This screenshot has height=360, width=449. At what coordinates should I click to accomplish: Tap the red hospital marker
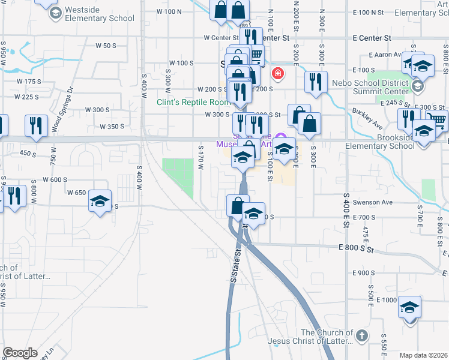point(277,74)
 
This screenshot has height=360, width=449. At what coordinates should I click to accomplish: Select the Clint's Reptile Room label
point(193,102)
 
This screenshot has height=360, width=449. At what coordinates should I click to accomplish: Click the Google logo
point(20,353)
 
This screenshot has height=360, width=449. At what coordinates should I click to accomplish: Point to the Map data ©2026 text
point(423,355)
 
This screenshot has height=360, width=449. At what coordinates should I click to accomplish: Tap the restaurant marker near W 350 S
point(37,126)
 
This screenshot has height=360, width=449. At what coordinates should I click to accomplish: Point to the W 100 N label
point(169,11)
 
